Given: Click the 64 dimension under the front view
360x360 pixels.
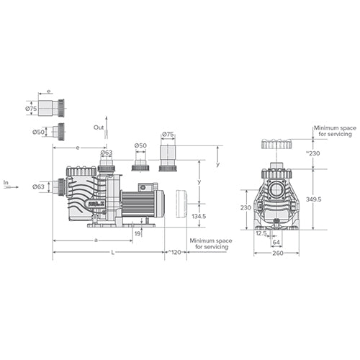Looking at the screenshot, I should click(x=276, y=243).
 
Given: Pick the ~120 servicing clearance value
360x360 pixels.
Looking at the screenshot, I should click(x=174, y=253).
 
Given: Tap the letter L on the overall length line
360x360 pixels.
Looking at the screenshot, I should click(x=112, y=253).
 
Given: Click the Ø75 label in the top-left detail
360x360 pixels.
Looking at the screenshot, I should click(x=30, y=109).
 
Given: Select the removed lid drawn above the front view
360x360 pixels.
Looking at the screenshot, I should click(x=276, y=144).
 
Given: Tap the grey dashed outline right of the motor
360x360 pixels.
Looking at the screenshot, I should click(x=181, y=205).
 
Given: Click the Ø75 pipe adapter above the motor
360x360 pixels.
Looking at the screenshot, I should click(x=168, y=156).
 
